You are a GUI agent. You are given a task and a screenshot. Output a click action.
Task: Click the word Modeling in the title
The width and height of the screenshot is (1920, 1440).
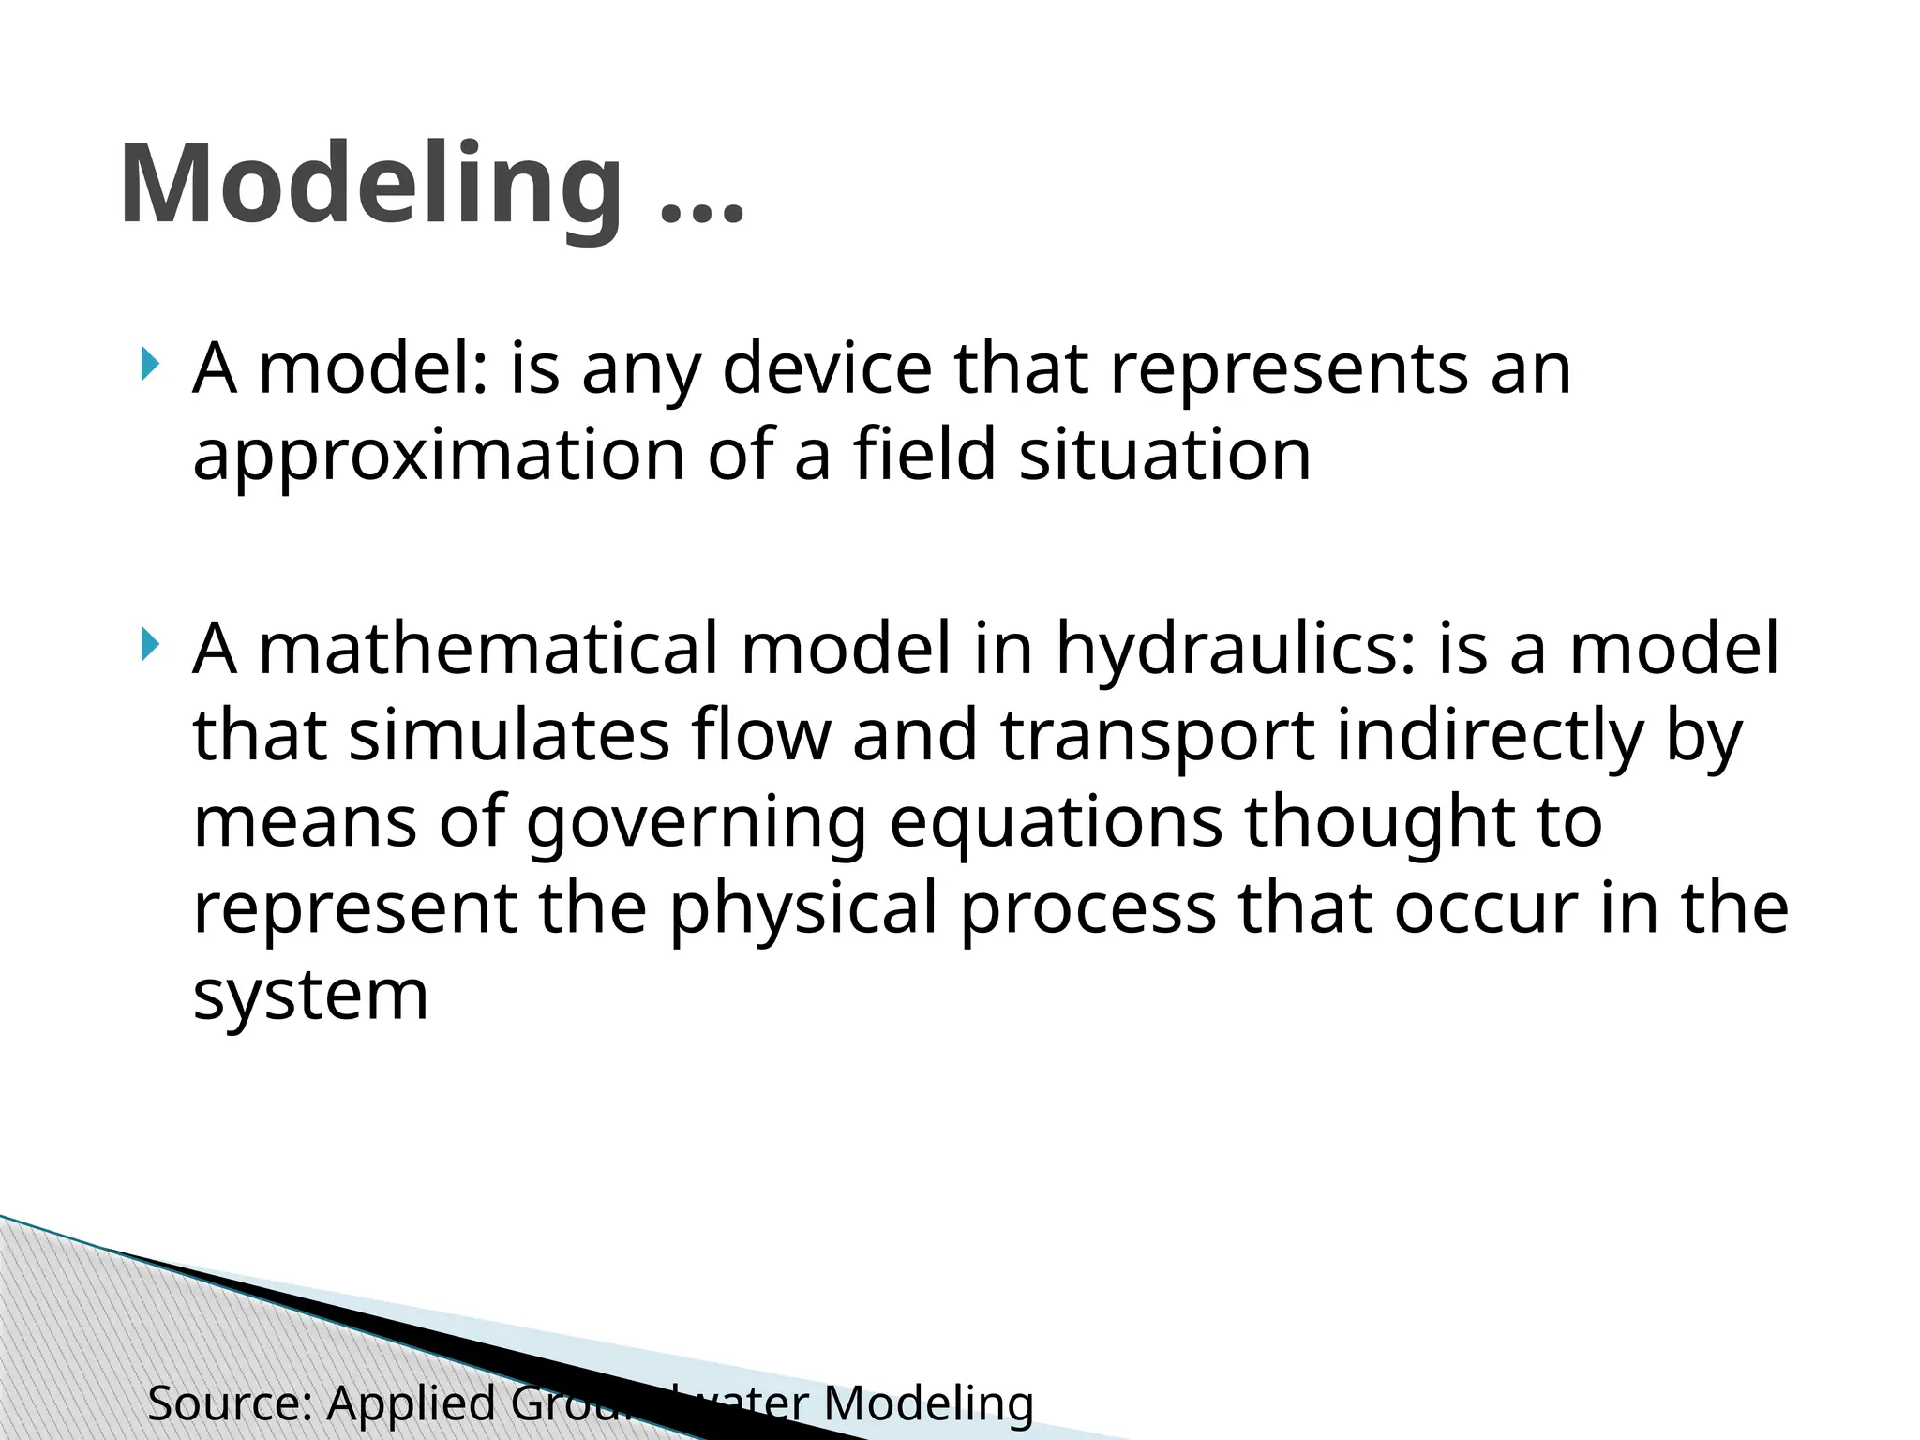tap(370, 185)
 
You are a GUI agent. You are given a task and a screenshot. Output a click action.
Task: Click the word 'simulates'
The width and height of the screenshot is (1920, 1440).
tap(509, 735)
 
